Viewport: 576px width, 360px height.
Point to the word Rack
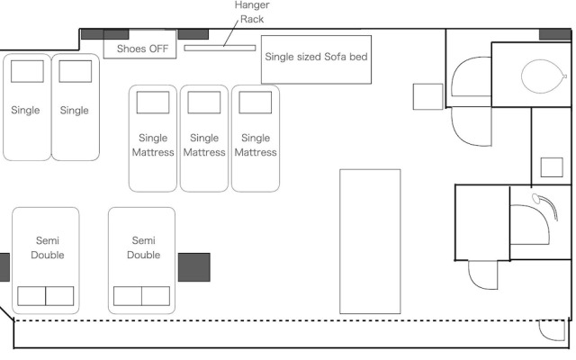point(251,19)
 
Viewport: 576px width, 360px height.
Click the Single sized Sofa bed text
point(316,57)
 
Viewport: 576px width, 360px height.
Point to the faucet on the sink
point(538,198)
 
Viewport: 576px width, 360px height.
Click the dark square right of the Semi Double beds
point(193,267)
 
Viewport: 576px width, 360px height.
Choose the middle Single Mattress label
point(204,145)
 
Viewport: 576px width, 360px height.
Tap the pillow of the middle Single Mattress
point(204,103)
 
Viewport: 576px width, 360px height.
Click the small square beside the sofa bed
point(427,97)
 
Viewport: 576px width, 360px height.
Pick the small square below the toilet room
point(551,167)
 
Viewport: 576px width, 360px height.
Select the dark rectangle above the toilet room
point(554,34)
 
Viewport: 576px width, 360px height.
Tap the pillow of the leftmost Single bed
point(27,71)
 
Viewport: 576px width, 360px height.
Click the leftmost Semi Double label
point(47,247)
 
